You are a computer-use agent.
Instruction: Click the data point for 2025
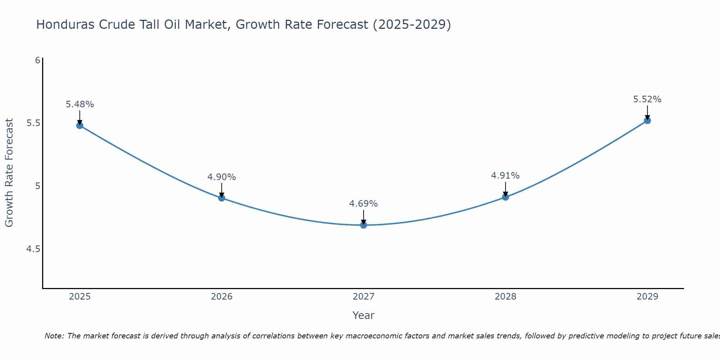pyautogui.click(x=80, y=125)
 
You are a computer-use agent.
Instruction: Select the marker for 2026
pyautogui.click(x=222, y=198)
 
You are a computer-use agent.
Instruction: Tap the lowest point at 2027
pyautogui.click(x=364, y=225)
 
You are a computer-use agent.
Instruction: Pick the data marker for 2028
pyautogui.click(x=505, y=197)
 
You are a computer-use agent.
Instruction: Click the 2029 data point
pyautogui.click(x=647, y=120)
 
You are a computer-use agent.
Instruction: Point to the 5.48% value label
pyautogui.click(x=80, y=104)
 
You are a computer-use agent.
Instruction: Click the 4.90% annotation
pyautogui.click(x=222, y=177)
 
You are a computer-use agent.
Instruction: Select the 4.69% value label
pyautogui.click(x=364, y=204)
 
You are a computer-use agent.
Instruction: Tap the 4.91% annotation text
pyautogui.click(x=505, y=176)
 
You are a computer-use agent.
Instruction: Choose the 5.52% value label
pyautogui.click(x=647, y=99)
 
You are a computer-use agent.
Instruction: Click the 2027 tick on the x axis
pyautogui.click(x=364, y=297)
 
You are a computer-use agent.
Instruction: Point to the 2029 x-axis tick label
pyautogui.click(x=647, y=297)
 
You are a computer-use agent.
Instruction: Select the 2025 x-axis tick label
pyautogui.click(x=80, y=297)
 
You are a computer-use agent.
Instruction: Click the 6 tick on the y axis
pyautogui.click(x=37, y=60)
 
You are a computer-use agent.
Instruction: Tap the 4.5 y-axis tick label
pyautogui.click(x=33, y=249)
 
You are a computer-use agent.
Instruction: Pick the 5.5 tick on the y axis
pyautogui.click(x=33, y=123)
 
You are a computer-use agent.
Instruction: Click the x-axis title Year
pyautogui.click(x=364, y=315)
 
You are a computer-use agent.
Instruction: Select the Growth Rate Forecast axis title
pyautogui.click(x=9, y=173)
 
